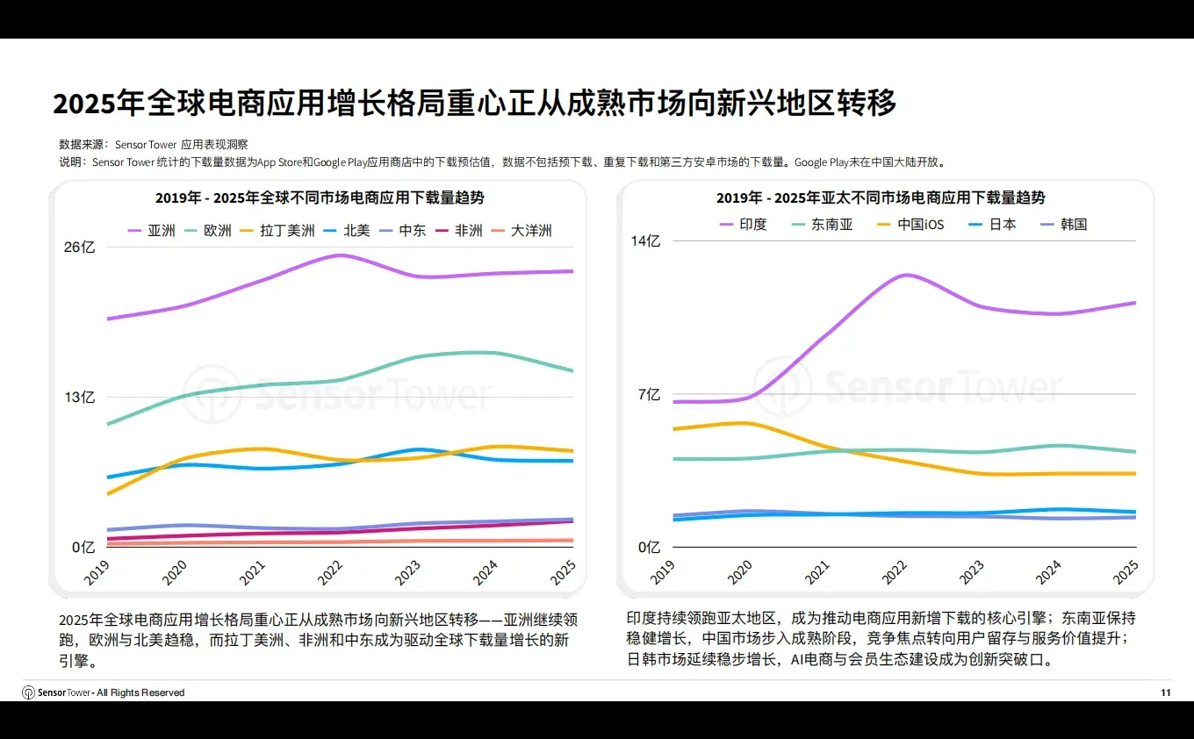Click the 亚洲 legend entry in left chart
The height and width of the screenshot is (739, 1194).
click(x=151, y=231)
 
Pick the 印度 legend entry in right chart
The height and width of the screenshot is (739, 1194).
click(x=742, y=225)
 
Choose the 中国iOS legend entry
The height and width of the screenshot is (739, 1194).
click(x=910, y=225)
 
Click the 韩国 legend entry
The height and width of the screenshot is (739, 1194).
click(x=1062, y=225)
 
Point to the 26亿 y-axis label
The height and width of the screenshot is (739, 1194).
click(x=79, y=248)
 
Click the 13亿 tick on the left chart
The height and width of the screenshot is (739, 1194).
click(x=79, y=398)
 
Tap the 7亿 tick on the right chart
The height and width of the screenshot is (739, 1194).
click(x=649, y=395)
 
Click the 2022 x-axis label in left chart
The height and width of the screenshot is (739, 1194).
click(x=330, y=573)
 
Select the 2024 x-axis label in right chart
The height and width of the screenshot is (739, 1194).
click(x=1048, y=573)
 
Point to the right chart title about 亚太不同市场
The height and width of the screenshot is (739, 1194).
click(x=881, y=198)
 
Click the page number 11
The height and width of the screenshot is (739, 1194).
click(x=1165, y=692)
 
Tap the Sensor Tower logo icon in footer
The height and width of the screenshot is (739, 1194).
click(x=28, y=692)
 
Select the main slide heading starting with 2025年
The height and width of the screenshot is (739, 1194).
click(x=474, y=104)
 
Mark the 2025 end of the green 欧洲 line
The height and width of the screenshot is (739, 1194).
click(x=572, y=370)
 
